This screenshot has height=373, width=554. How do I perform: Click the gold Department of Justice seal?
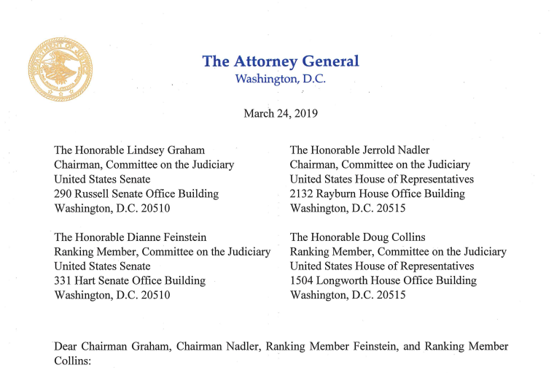[61, 70]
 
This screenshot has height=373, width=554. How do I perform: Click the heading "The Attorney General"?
[281, 61]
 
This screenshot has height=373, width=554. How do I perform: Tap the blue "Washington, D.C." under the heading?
[280, 79]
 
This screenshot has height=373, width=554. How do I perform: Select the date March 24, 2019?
[281, 114]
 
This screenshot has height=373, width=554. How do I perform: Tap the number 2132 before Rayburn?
[303, 194]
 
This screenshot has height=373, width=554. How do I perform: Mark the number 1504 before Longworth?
[303, 281]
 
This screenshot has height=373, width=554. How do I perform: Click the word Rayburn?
[342, 194]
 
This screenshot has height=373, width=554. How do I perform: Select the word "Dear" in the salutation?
[67, 346]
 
